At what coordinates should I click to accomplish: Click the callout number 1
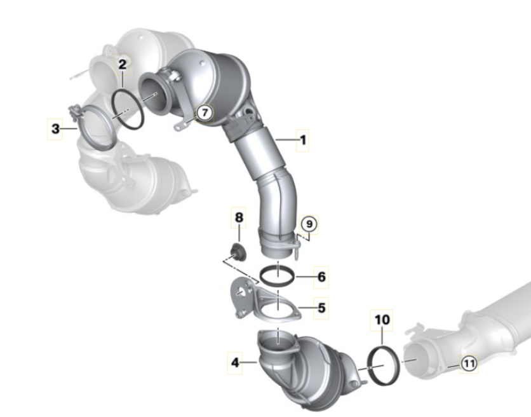click(x=303, y=140)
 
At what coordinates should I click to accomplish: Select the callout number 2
click(x=122, y=64)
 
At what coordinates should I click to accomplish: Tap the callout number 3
click(x=55, y=129)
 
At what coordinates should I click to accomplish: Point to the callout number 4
click(x=235, y=363)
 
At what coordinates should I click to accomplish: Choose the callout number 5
click(x=321, y=308)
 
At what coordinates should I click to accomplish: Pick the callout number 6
click(x=321, y=277)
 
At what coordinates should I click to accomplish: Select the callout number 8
click(x=239, y=217)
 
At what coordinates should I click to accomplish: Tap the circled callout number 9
click(x=309, y=224)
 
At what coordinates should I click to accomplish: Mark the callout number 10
click(x=382, y=320)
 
